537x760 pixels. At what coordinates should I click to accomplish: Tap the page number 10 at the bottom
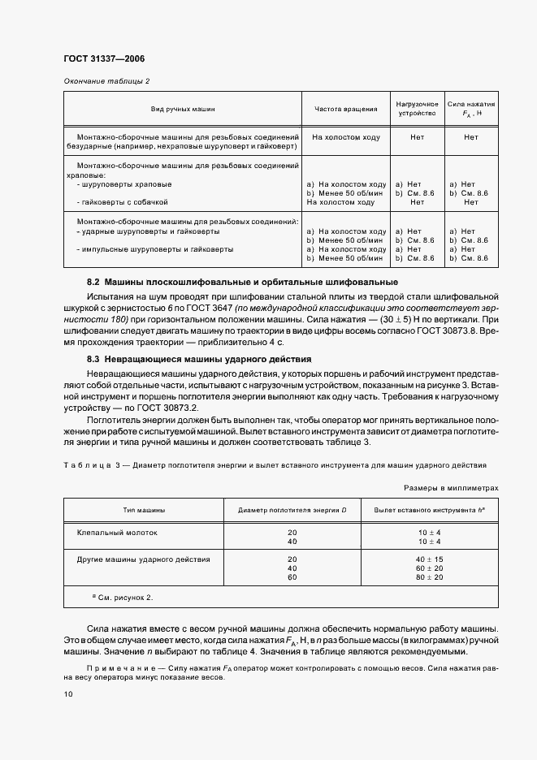(67, 694)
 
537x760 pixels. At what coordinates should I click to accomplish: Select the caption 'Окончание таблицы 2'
(106, 81)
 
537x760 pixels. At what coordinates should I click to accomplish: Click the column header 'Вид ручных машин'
(183, 109)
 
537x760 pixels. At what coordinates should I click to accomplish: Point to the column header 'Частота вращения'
(345, 109)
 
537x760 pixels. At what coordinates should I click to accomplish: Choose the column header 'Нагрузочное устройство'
(417, 109)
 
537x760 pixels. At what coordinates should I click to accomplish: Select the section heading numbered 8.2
(242, 282)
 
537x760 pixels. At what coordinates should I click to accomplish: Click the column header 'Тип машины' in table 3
(144, 510)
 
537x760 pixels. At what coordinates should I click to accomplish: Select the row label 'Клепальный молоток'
(118, 533)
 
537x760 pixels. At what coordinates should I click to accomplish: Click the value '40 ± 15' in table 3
(429, 559)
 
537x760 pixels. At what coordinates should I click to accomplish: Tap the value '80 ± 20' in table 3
(429, 577)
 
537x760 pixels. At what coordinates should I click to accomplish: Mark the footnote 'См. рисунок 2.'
(124, 598)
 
